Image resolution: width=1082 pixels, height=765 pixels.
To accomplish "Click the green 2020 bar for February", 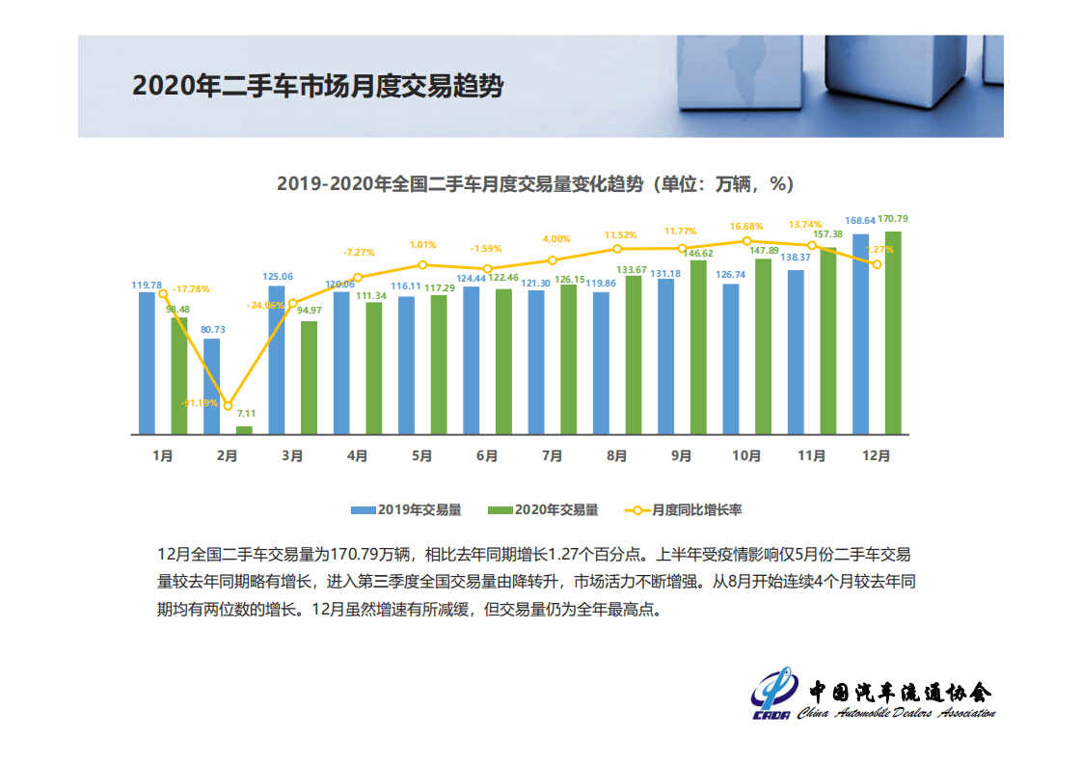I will tap(244, 429).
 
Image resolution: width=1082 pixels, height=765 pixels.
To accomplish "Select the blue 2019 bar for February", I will tap(211, 386).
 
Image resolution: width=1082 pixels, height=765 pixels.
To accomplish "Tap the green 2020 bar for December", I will tap(893, 333).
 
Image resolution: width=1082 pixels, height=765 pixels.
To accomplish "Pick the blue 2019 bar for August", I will tap(601, 363).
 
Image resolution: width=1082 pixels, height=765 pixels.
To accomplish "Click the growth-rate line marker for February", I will tap(228, 405).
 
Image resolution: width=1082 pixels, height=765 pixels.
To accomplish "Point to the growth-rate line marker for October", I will tap(746, 241).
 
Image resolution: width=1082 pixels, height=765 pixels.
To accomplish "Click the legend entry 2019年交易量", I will tap(405, 509).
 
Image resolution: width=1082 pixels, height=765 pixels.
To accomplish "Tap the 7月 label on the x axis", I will tap(552, 456).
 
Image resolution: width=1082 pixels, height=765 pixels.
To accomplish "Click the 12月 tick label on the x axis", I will tap(877, 456).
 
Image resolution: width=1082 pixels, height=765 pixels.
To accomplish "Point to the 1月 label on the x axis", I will tap(162, 456).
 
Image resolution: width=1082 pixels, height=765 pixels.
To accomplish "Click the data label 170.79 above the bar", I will tap(893, 219).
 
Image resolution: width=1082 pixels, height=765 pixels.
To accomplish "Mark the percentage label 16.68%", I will tap(746, 226).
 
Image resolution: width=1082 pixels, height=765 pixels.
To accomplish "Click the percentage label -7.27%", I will tap(359, 253).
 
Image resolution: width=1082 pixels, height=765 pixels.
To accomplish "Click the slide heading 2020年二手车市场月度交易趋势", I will tap(317, 86).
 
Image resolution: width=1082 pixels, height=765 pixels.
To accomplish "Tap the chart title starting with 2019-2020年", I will tap(534, 183).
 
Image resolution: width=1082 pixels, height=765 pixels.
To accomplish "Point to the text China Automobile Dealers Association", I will tap(896, 713).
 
